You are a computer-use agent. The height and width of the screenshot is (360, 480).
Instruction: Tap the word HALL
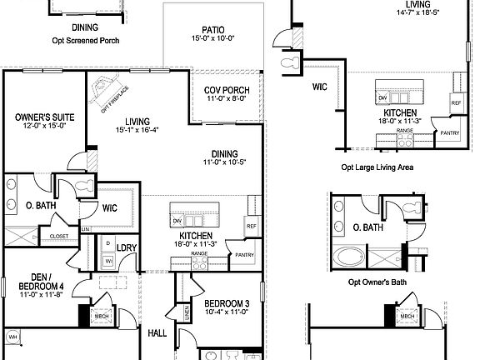coord(157,333)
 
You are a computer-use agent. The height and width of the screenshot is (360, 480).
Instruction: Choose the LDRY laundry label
coord(127,247)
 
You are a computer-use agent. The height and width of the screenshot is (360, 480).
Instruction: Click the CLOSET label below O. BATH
coord(59,237)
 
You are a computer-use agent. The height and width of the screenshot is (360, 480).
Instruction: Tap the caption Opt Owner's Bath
coord(377,282)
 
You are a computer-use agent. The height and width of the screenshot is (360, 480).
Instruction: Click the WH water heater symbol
coord(13,336)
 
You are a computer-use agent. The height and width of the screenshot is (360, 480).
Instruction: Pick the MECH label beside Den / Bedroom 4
coord(101,317)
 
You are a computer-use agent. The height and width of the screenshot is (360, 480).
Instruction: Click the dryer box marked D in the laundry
coord(107,242)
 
